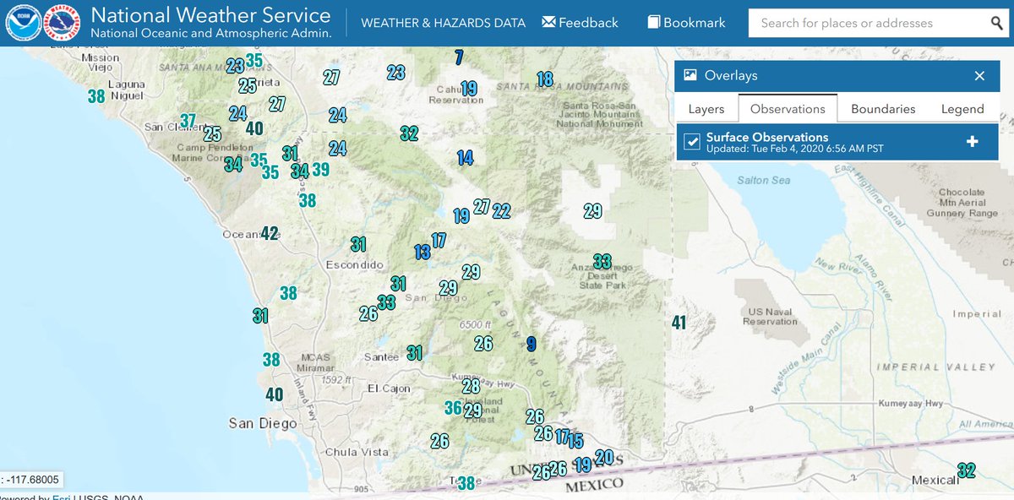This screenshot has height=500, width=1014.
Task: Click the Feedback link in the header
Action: [x=580, y=23]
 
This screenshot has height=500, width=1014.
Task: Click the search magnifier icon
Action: [x=997, y=23]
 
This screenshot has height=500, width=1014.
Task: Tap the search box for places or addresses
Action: [x=862, y=23]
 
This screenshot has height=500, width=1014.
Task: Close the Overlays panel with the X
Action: [x=979, y=76]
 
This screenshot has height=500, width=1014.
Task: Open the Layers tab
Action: [x=706, y=109]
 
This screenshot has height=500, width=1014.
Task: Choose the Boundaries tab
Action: [x=883, y=109]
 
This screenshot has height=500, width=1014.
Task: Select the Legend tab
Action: [x=962, y=109]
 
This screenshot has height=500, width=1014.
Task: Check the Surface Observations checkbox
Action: [x=692, y=141]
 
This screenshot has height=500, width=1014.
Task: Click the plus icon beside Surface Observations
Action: [x=972, y=141]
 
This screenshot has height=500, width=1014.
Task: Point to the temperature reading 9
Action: [x=531, y=343]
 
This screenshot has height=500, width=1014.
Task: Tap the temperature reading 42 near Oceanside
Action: [x=270, y=233]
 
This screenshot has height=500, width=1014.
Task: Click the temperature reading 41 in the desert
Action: [x=679, y=322]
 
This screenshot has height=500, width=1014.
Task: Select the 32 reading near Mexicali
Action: [x=966, y=470]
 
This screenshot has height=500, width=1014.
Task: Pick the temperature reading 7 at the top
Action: [x=459, y=58]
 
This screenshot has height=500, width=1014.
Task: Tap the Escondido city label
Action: [x=354, y=264]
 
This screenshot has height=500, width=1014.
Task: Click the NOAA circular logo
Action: [x=23, y=24]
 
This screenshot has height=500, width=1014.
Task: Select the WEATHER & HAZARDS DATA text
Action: [x=443, y=24]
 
